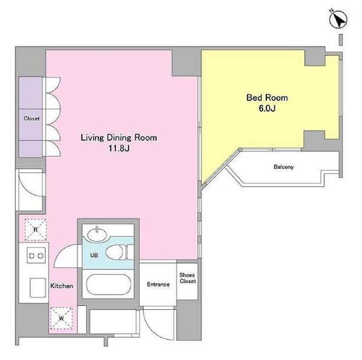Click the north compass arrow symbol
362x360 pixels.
click(338, 19)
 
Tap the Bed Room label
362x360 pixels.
click(267, 98)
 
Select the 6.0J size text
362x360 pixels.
click(267, 108)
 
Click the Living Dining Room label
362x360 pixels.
click(119, 138)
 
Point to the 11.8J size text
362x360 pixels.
click(119, 148)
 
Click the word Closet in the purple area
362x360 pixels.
click(32, 118)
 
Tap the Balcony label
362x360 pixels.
click(283, 167)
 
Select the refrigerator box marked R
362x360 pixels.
click(36, 230)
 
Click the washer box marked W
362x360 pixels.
click(61, 318)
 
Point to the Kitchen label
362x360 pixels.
click(62, 286)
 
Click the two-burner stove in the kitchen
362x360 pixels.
click(36, 255)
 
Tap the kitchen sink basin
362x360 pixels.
click(38, 288)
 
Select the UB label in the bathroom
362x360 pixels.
click(94, 255)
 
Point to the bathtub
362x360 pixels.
click(109, 285)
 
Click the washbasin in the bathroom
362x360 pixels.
click(97, 234)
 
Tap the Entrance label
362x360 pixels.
click(158, 285)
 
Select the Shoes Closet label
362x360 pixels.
click(188, 278)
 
